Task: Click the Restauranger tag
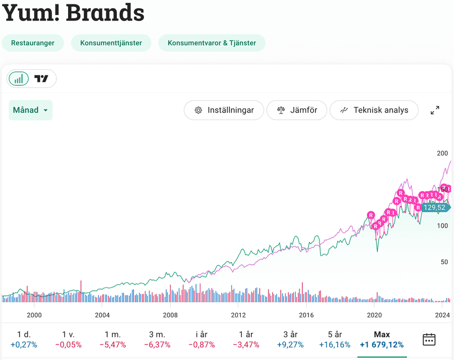33,43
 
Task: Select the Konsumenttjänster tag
111,43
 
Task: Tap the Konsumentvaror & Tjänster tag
211,43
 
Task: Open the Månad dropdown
30,110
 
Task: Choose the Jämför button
297,110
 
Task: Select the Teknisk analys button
374,110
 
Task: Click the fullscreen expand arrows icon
435,110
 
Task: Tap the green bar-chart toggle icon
19,79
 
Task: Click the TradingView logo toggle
42,79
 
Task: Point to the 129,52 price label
434,208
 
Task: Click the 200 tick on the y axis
442,153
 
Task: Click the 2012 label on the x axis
238,315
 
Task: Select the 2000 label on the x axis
34,315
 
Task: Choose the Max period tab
381,340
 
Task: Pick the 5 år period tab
334,340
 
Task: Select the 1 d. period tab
23,340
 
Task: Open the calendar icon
429,340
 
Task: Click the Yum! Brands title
73,13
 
